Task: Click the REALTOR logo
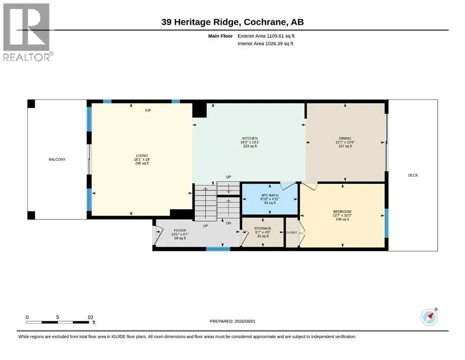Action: click(28, 32)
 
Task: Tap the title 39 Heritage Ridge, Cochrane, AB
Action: click(232, 22)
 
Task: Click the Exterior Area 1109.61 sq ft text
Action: click(266, 36)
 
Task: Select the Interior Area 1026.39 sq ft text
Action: click(266, 44)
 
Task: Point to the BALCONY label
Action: click(57, 160)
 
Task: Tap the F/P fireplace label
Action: click(148, 111)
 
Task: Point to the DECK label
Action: click(413, 175)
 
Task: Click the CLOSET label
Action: click(292, 232)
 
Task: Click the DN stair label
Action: click(229, 223)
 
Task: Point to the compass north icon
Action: click(429, 317)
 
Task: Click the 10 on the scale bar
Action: click(90, 317)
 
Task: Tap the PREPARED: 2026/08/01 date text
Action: click(232, 322)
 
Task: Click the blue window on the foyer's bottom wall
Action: click(218, 249)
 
